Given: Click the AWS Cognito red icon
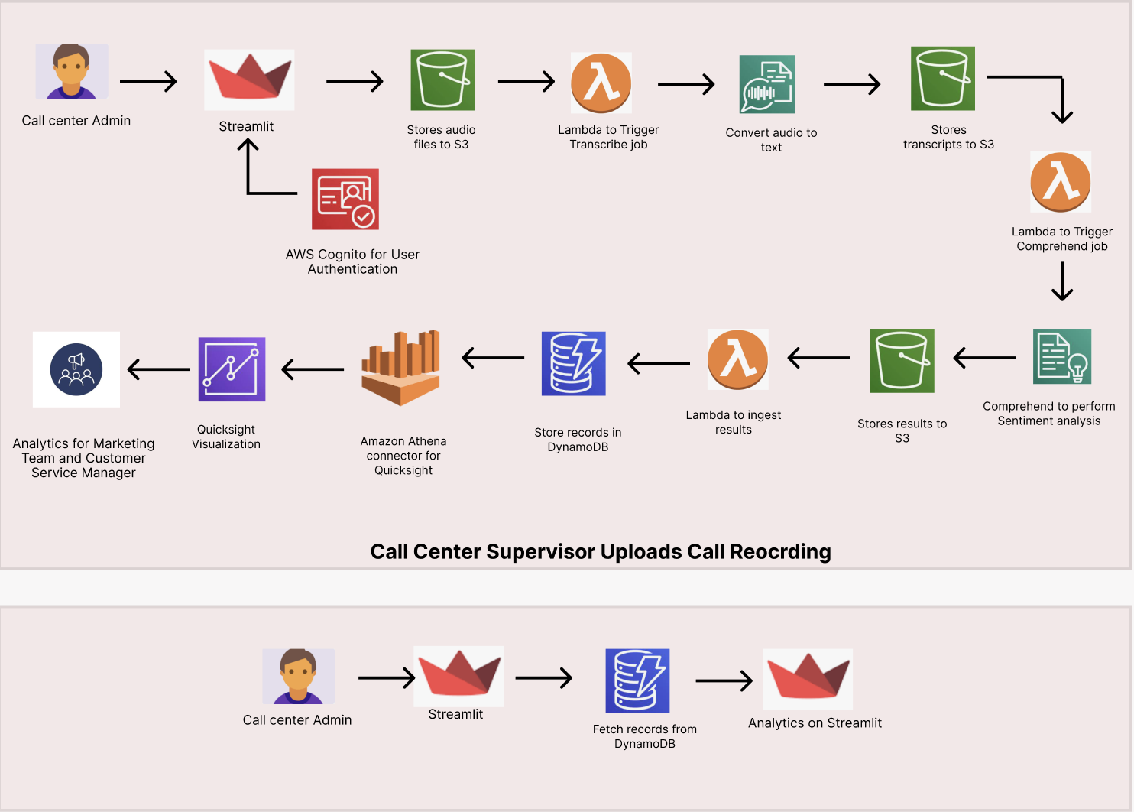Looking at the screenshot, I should pos(345,199).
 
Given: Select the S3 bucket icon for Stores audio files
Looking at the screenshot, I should pos(442,80).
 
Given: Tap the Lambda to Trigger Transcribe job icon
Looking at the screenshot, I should pos(601,83).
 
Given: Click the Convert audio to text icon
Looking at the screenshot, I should pos(766,84).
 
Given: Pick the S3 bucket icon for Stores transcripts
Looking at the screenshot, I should pos(942,78).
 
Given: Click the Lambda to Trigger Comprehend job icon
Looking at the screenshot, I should pos(1061,182).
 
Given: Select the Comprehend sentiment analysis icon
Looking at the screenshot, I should pos(1061,356).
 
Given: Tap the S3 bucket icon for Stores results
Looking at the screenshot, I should pos(902,361).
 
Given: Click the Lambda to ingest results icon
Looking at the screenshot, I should pos(737,359).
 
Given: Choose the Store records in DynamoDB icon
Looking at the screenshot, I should pos(573,363).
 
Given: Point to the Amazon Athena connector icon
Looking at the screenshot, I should pos(401,367).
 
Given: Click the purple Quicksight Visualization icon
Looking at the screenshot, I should pos(232,369).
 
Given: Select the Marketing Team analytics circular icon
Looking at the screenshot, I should pos(76,369).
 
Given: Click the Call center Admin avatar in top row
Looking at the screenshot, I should pos(72,71).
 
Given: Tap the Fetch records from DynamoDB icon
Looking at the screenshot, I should pos(637,680).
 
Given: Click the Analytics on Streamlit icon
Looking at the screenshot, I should pos(808,679).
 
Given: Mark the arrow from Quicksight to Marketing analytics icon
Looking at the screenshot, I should pos(158,369).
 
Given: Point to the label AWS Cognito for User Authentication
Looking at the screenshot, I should pos(352,261).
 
